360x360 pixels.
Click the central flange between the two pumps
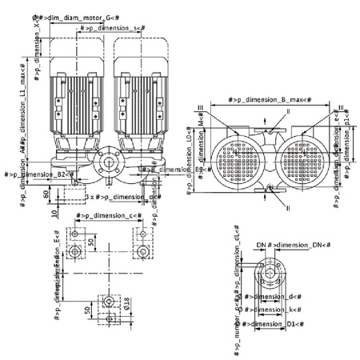click(x=108, y=164)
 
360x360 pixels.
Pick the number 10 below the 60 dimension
click(x=54, y=214)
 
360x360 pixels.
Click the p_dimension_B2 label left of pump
click(x=40, y=174)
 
